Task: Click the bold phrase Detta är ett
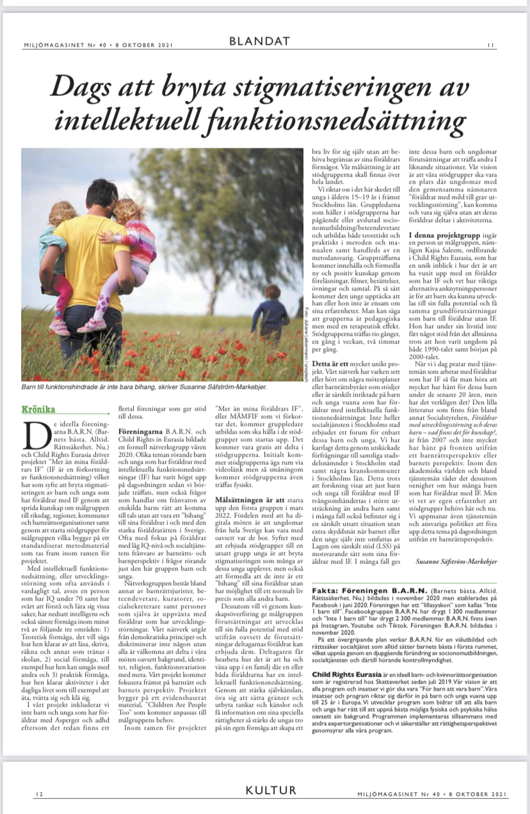[330, 363]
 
